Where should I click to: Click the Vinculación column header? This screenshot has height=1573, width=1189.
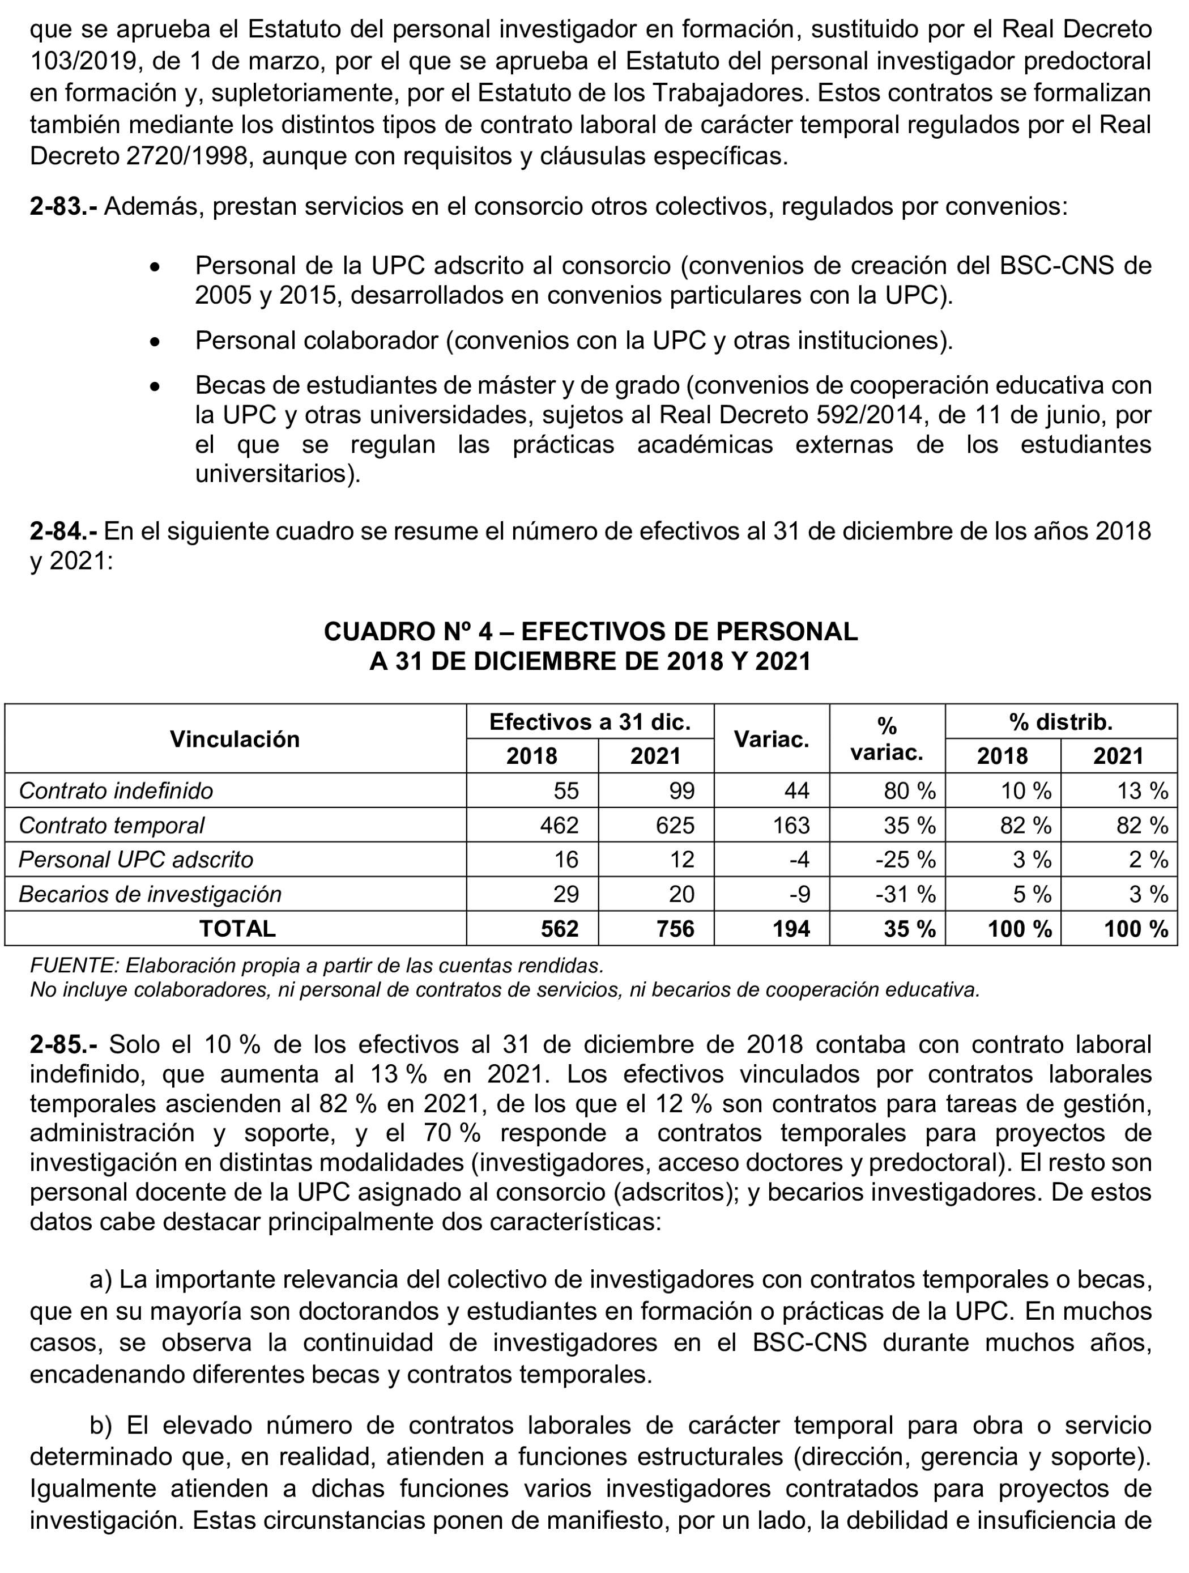(235, 739)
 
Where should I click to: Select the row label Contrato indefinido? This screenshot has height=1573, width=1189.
(116, 791)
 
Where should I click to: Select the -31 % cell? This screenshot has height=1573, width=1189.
(905, 894)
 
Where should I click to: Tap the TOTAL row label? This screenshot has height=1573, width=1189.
(237, 929)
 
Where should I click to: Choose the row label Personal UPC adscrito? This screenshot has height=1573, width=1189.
(136, 860)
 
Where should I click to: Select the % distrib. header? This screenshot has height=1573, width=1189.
(1060, 722)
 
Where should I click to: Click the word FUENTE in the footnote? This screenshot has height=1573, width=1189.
(74, 966)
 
